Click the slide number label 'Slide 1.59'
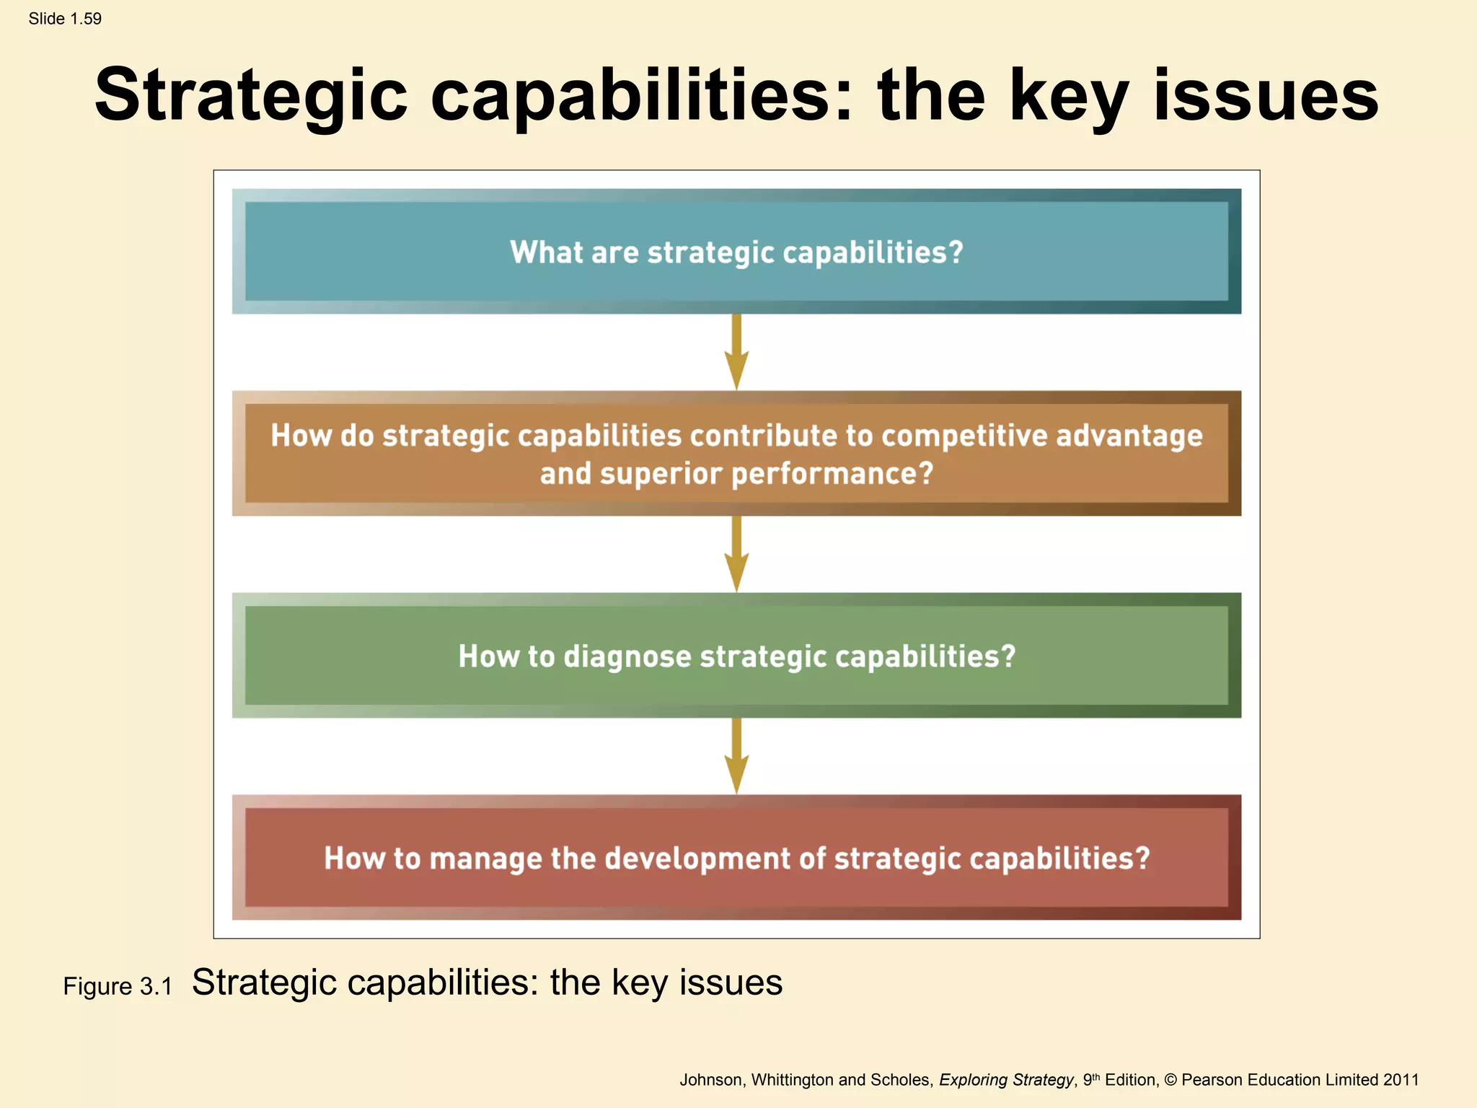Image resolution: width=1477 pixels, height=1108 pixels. [65, 19]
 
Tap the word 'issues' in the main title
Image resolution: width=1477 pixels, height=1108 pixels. [1266, 96]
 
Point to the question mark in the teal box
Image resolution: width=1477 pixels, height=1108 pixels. [956, 252]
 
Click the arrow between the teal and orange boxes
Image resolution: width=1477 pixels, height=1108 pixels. [736, 352]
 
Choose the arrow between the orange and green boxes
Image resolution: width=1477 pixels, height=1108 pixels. [736, 554]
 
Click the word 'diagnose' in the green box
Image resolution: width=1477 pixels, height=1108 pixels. [627, 656]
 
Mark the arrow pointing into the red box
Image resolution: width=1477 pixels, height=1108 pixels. [736, 756]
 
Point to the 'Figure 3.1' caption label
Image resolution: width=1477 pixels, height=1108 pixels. [118, 986]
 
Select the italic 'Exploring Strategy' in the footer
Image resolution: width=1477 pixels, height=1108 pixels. [1006, 1080]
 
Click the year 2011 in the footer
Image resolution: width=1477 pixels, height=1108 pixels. [1401, 1080]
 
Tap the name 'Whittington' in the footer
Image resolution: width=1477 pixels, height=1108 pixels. [792, 1080]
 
